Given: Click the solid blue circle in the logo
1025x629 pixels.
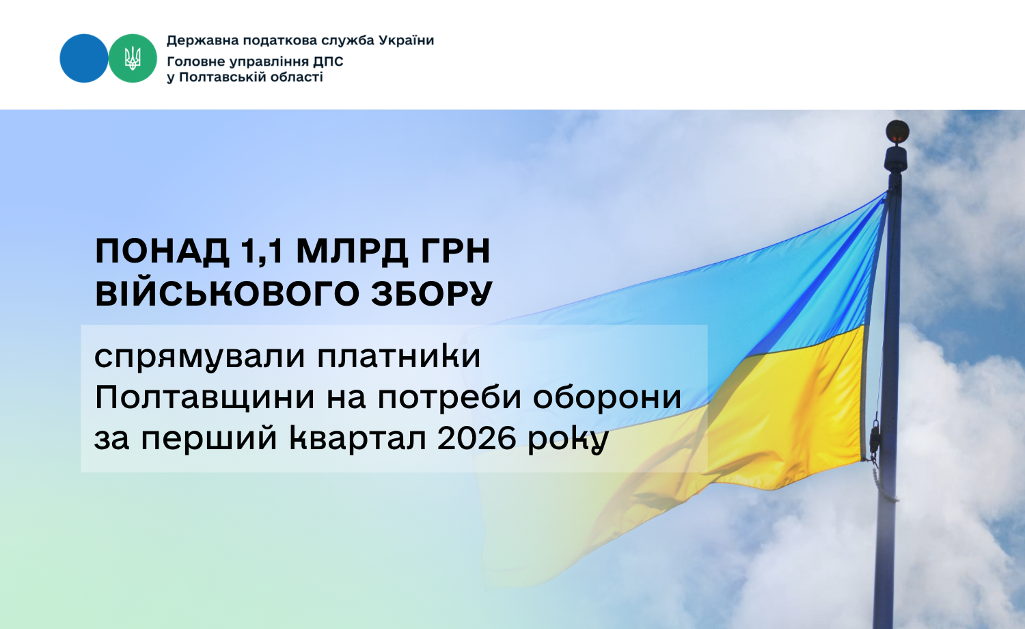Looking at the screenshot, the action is (84, 58).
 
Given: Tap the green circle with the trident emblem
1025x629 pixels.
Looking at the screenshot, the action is (133, 58).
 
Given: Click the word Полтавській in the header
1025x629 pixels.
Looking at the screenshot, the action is (223, 77).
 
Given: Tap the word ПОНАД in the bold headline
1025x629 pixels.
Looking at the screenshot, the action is (163, 252).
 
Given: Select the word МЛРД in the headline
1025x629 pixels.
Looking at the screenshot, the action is (352, 252).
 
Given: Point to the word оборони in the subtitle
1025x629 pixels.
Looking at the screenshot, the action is (607, 397).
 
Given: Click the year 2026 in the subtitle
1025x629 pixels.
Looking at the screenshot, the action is (476, 438).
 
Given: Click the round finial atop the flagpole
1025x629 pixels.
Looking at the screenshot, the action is (897, 132).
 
